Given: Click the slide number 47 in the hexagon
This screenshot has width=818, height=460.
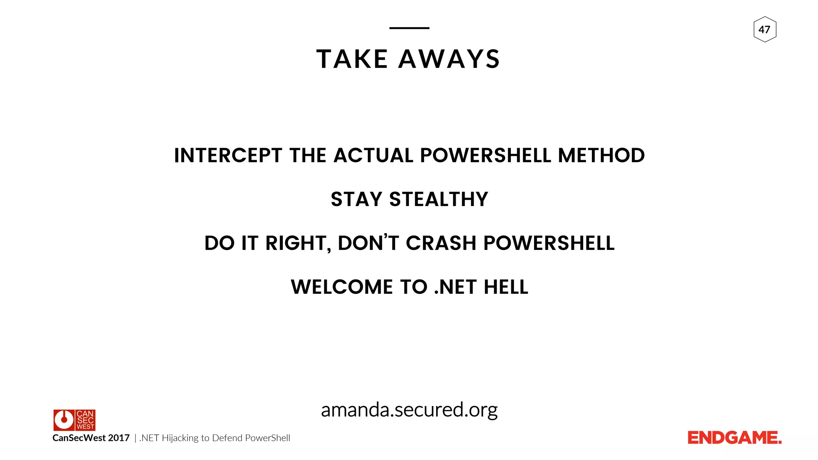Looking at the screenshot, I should [764, 30].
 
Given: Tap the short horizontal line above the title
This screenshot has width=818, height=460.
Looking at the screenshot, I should [409, 28].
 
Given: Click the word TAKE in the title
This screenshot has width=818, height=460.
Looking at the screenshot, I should [352, 59].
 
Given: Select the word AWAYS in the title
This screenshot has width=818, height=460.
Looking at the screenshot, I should [449, 59].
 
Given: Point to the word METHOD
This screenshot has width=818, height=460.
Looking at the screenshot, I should [601, 155].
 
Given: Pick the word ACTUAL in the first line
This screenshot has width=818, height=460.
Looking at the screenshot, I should [373, 155].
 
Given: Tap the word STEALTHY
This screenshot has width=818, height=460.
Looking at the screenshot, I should [439, 199].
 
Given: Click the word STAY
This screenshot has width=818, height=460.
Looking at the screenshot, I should [357, 199].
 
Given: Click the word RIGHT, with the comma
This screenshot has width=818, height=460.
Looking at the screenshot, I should [298, 243].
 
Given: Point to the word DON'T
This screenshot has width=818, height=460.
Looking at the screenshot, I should [368, 243].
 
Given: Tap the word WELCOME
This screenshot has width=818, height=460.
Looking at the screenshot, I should [342, 287].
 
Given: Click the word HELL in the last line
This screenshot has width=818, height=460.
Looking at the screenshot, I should [506, 287].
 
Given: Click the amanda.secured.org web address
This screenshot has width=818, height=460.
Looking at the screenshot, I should [409, 410].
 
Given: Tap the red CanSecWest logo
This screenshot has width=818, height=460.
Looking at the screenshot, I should [74, 420].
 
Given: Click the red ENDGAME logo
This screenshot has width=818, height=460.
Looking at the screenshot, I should [734, 438].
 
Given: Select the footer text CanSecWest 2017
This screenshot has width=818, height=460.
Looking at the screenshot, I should [91, 438].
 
